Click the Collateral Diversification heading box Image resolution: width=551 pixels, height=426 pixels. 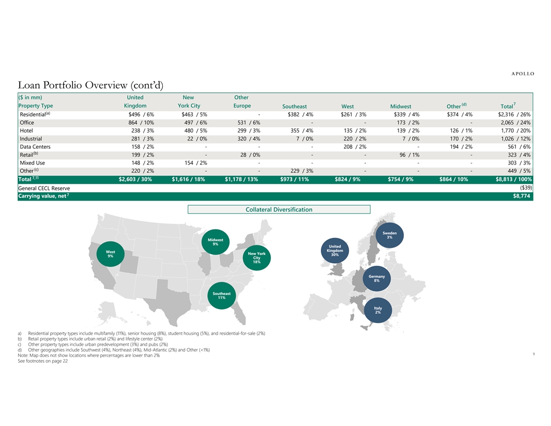pos(279,209)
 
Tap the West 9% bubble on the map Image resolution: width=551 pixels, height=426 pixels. pos(111,254)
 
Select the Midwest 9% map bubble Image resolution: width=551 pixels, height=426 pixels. pos(215,242)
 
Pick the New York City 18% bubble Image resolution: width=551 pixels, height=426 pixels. pos(257,258)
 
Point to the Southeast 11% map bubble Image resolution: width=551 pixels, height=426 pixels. pos(222,295)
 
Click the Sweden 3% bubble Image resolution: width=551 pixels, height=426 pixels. pos(390,235)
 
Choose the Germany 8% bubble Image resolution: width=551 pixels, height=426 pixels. pos(376,278)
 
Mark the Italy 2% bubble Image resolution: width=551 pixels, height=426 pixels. pos(378,310)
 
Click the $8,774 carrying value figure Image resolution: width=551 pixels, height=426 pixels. pos(522,196)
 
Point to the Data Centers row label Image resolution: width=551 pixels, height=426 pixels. pos(34,147)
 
